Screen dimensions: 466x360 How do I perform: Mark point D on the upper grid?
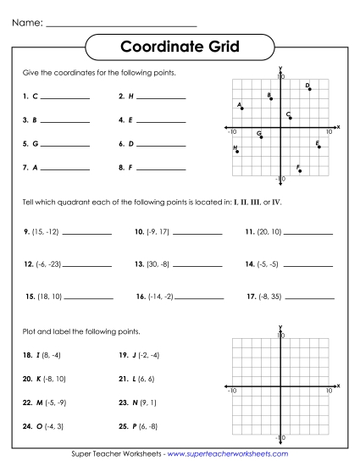pyautogui.click(x=310, y=89)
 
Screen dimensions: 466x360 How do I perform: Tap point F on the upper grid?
pyautogui.click(x=300, y=170)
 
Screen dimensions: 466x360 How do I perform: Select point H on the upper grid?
pyautogui.click(x=237, y=152)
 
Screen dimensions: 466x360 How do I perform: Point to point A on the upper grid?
pyautogui.click(x=242, y=108)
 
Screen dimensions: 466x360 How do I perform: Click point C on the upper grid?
pyautogui.click(x=291, y=118)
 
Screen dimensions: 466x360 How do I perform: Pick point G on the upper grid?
pyautogui.click(x=261, y=136)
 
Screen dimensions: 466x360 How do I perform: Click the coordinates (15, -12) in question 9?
pyautogui.click(x=42, y=230)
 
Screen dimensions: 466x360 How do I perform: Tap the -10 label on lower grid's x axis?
pyautogui.click(x=232, y=390)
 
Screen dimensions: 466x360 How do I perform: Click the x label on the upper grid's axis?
pyautogui.click(x=338, y=126)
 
